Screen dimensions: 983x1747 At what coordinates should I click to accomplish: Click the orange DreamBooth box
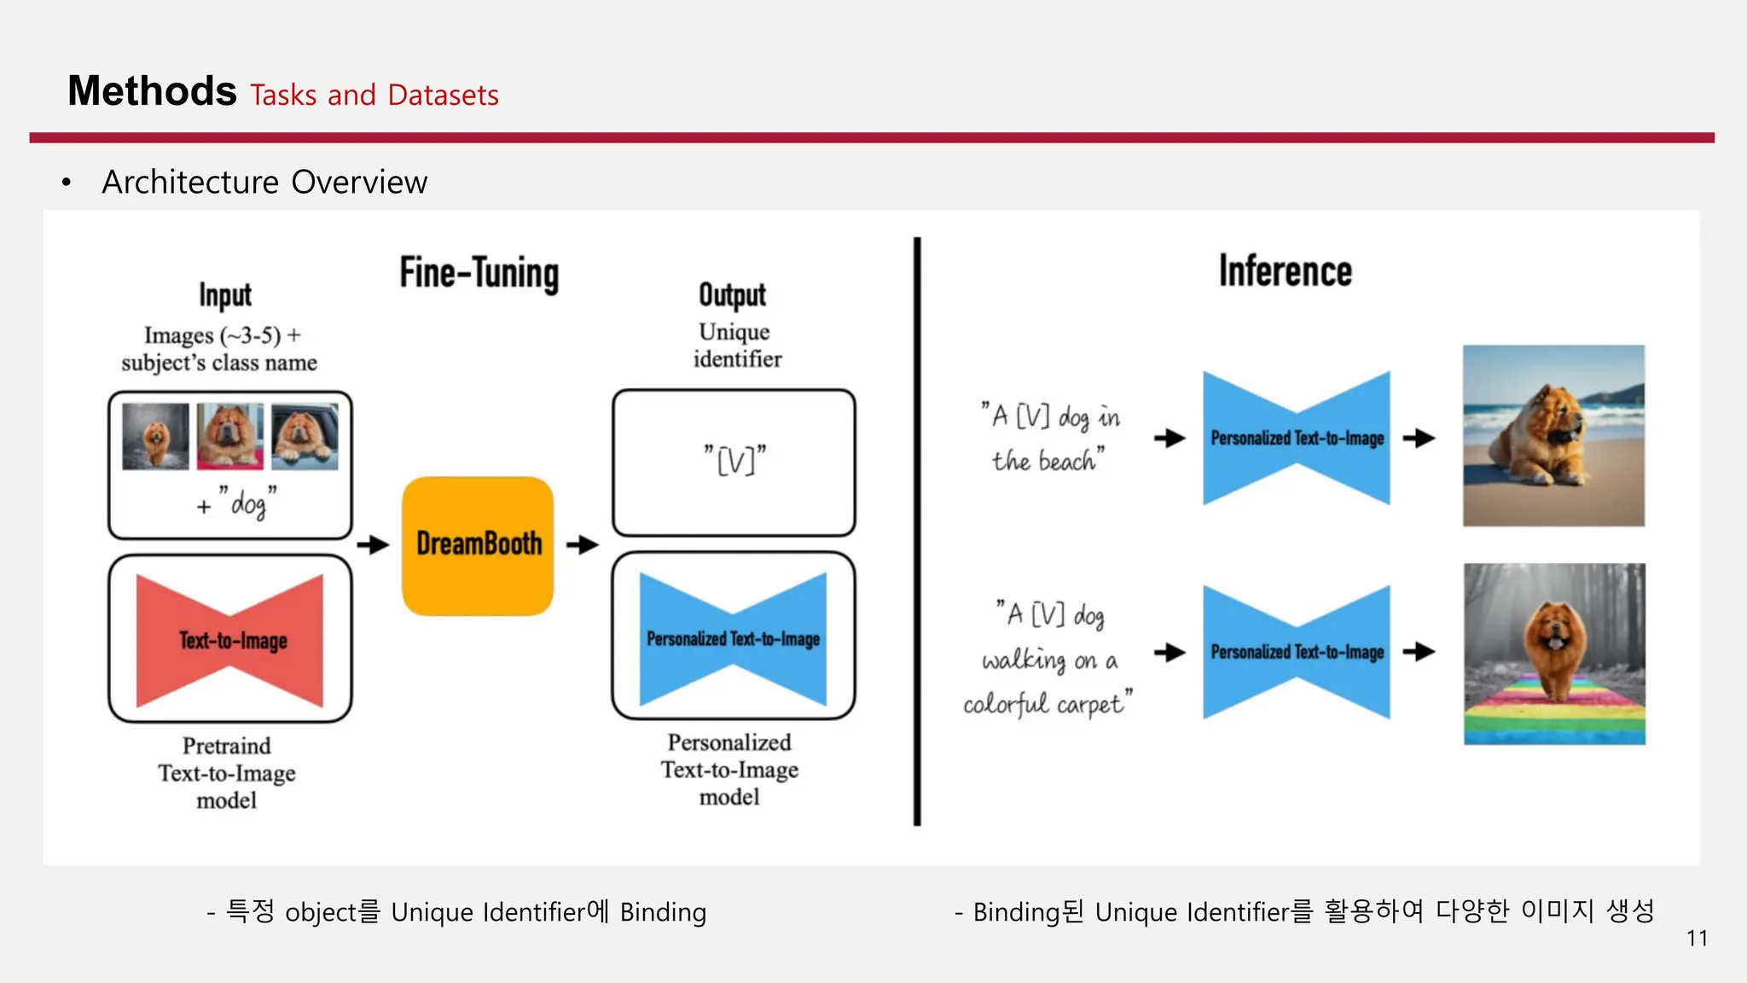pyautogui.click(x=478, y=545)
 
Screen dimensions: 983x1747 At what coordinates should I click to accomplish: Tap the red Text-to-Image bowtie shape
pyautogui.click(x=230, y=640)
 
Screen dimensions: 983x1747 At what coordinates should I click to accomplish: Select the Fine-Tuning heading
pyautogui.click(x=479, y=274)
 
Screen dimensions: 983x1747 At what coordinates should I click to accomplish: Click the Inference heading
pyautogui.click(x=1285, y=271)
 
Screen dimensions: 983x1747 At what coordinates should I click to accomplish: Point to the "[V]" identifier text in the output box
pyautogui.click(x=734, y=461)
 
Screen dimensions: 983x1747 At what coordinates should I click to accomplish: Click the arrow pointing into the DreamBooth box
pyautogui.click(x=373, y=544)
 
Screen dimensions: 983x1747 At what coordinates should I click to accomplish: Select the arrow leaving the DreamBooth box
pyautogui.click(x=583, y=544)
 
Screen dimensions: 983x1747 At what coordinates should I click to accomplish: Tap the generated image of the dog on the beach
pyautogui.click(x=1553, y=435)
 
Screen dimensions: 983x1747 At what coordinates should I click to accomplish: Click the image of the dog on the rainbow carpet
pyautogui.click(x=1554, y=654)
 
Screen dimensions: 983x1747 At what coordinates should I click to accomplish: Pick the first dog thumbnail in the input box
pyautogui.click(x=155, y=436)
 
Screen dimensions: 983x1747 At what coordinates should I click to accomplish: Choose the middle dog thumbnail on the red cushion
pyautogui.click(x=230, y=436)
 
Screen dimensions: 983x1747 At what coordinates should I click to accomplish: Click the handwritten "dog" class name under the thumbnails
pyautogui.click(x=247, y=504)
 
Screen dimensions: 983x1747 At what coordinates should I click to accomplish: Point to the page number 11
pyautogui.click(x=1697, y=939)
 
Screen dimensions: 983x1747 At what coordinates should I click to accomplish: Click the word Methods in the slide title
pyautogui.click(x=152, y=91)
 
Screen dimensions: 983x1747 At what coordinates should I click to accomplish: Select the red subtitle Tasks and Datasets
pyautogui.click(x=374, y=95)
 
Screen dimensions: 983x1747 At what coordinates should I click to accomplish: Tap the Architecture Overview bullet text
pyautogui.click(x=264, y=183)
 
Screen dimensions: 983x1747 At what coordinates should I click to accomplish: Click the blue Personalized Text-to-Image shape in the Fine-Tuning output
pyautogui.click(x=733, y=638)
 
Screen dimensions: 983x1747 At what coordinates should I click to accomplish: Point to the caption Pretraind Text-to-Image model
pyautogui.click(x=227, y=773)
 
